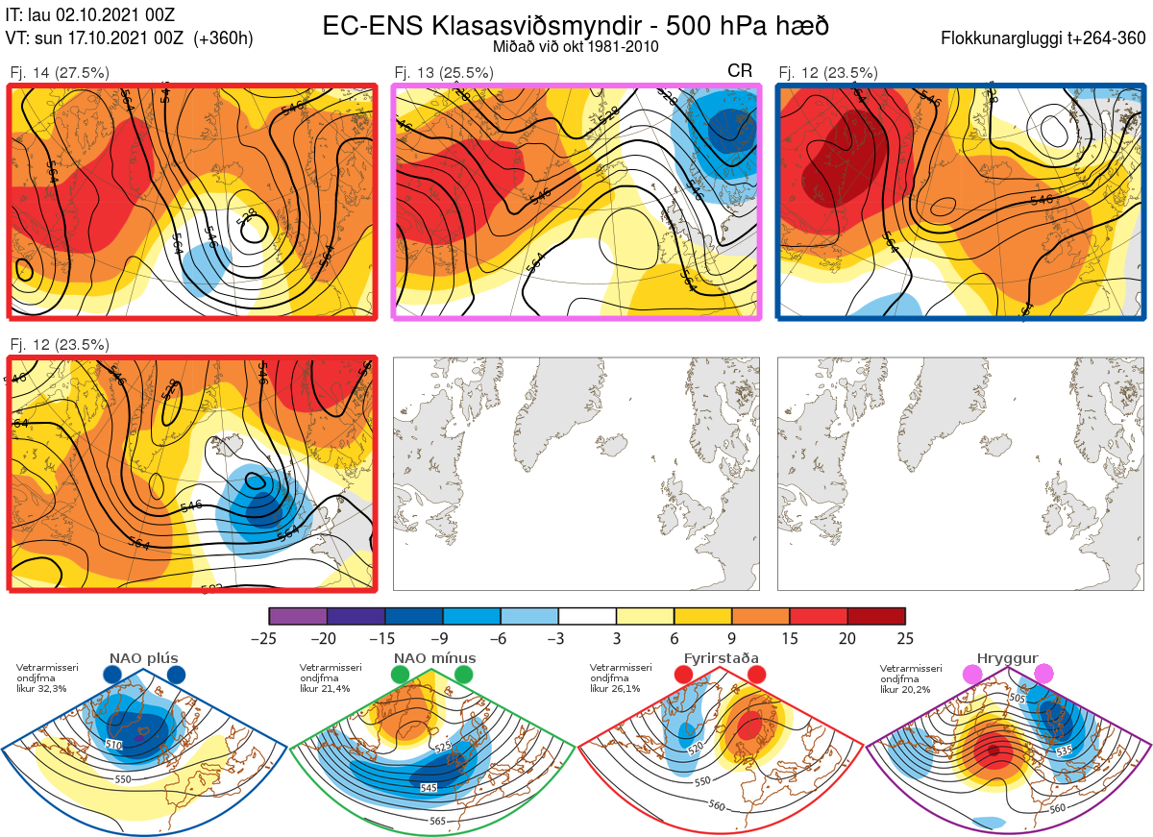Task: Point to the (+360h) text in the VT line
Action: pos(224,38)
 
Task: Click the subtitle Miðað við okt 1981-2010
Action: pos(576,46)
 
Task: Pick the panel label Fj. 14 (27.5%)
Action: pos(60,72)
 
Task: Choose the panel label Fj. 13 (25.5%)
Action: pos(444,72)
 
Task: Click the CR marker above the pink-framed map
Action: pos(740,71)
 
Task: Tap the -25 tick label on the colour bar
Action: pos(270,638)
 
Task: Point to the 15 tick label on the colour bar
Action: pos(790,638)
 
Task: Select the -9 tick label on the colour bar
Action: pos(443,638)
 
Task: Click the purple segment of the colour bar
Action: pos(298,616)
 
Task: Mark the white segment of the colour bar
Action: pos(587,616)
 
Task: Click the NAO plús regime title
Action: pos(143,658)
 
